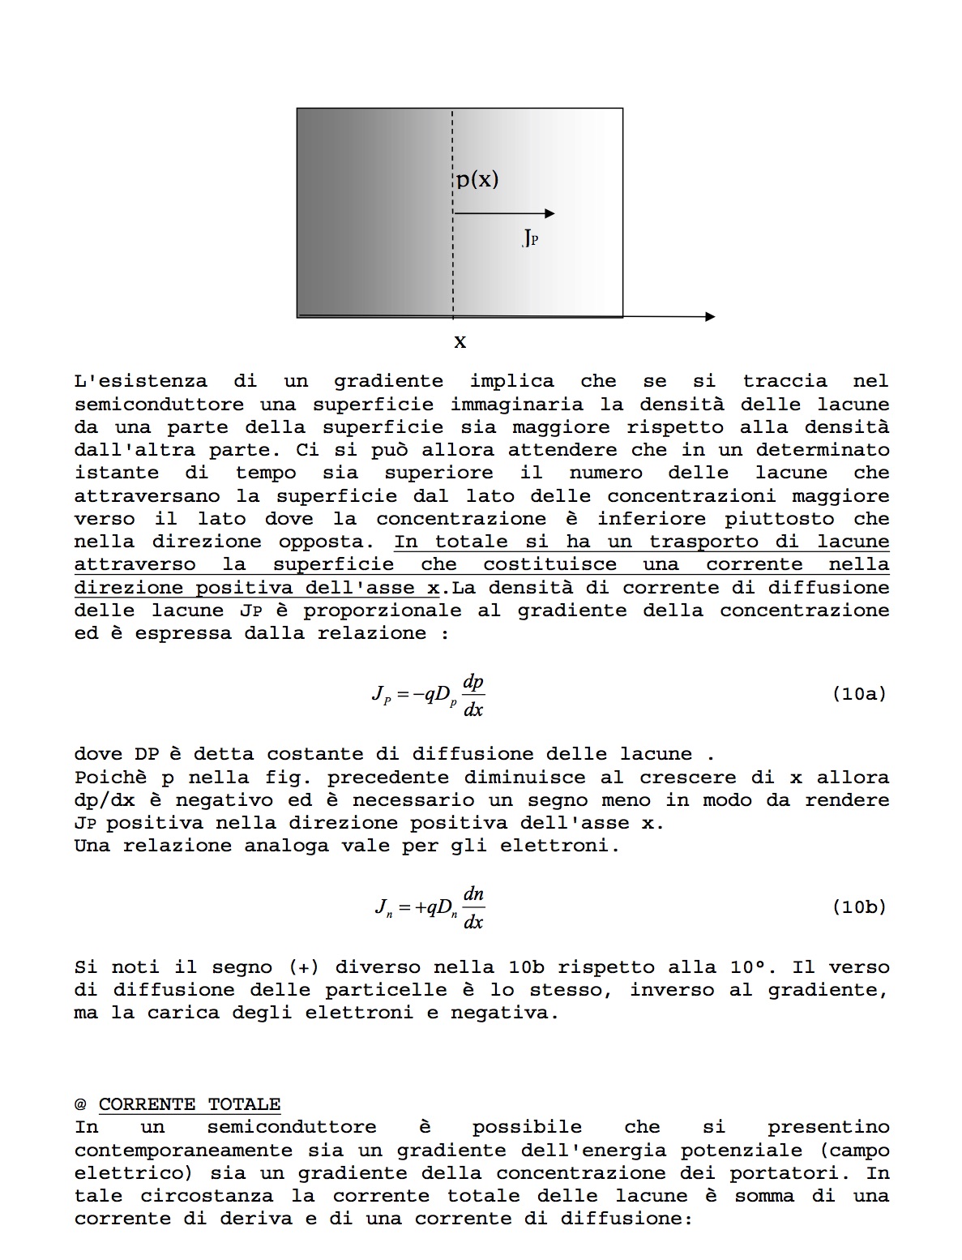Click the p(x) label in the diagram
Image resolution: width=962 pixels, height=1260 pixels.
click(x=477, y=179)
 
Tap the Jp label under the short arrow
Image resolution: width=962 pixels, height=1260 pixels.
click(x=530, y=238)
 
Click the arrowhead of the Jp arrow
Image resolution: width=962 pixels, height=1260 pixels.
click(x=550, y=213)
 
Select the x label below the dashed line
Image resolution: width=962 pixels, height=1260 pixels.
click(x=460, y=342)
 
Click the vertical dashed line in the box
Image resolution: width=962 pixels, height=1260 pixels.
click(x=453, y=259)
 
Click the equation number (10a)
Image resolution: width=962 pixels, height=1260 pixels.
click(x=859, y=694)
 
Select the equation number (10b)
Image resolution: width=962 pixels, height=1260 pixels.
click(x=859, y=907)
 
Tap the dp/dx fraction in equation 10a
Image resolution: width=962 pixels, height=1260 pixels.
click(x=472, y=696)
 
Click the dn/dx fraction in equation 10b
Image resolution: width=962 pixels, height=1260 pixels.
click(x=473, y=908)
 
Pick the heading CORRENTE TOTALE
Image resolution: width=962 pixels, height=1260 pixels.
click(x=190, y=1104)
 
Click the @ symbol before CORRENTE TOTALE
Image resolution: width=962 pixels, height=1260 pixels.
click(x=80, y=1104)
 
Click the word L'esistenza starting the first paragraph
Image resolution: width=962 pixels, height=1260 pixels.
click(x=140, y=381)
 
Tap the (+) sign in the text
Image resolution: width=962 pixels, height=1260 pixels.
click(x=304, y=967)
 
